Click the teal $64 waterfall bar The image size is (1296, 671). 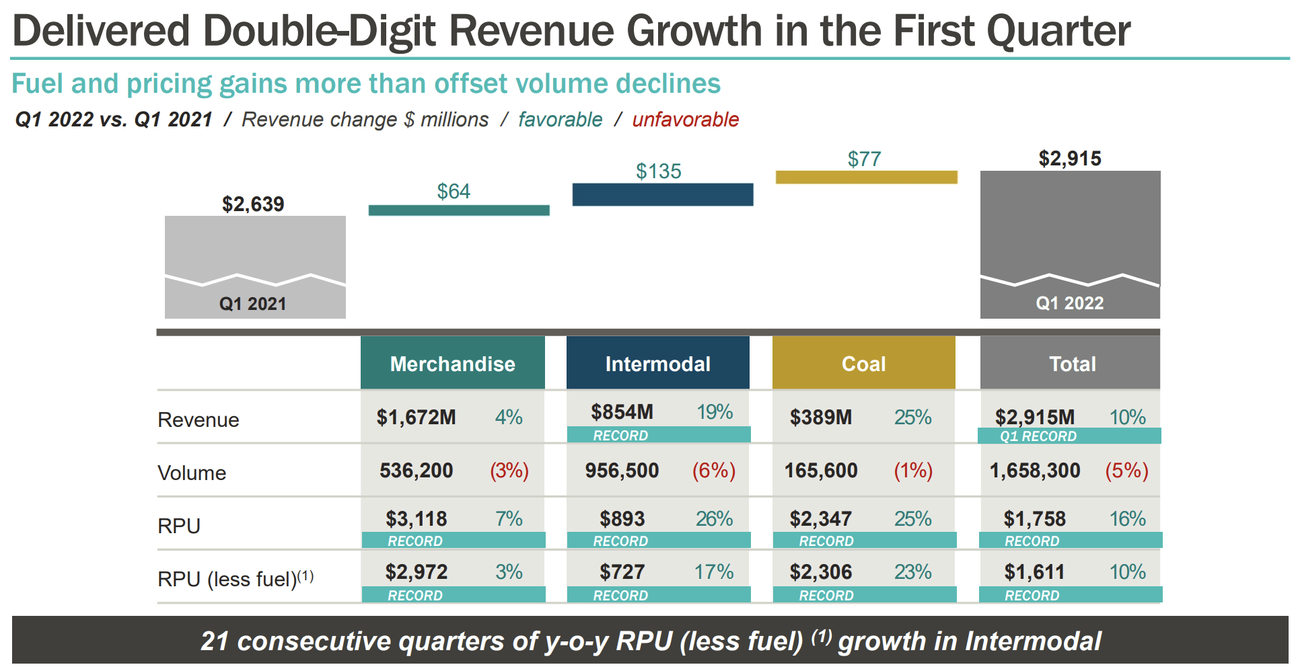click(459, 210)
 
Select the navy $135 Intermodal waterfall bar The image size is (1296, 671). click(663, 194)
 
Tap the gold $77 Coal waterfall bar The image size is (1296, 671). click(866, 177)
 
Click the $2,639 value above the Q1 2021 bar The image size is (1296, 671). click(253, 204)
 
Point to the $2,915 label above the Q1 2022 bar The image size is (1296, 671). click(1070, 159)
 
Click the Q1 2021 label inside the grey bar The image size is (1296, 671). click(253, 304)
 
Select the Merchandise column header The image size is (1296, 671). click(452, 364)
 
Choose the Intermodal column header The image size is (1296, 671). click(657, 364)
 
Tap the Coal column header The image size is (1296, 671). click(863, 364)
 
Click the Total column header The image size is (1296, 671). click(1072, 364)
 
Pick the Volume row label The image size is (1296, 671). click(192, 473)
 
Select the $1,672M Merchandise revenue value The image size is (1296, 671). click(416, 418)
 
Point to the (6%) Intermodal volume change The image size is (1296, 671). click(713, 470)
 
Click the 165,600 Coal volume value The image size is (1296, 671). click(821, 470)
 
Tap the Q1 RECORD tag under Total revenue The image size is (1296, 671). click(1038, 436)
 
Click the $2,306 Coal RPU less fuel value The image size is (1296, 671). click(821, 572)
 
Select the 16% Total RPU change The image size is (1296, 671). click(1127, 518)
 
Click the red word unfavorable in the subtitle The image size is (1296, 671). click(685, 120)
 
